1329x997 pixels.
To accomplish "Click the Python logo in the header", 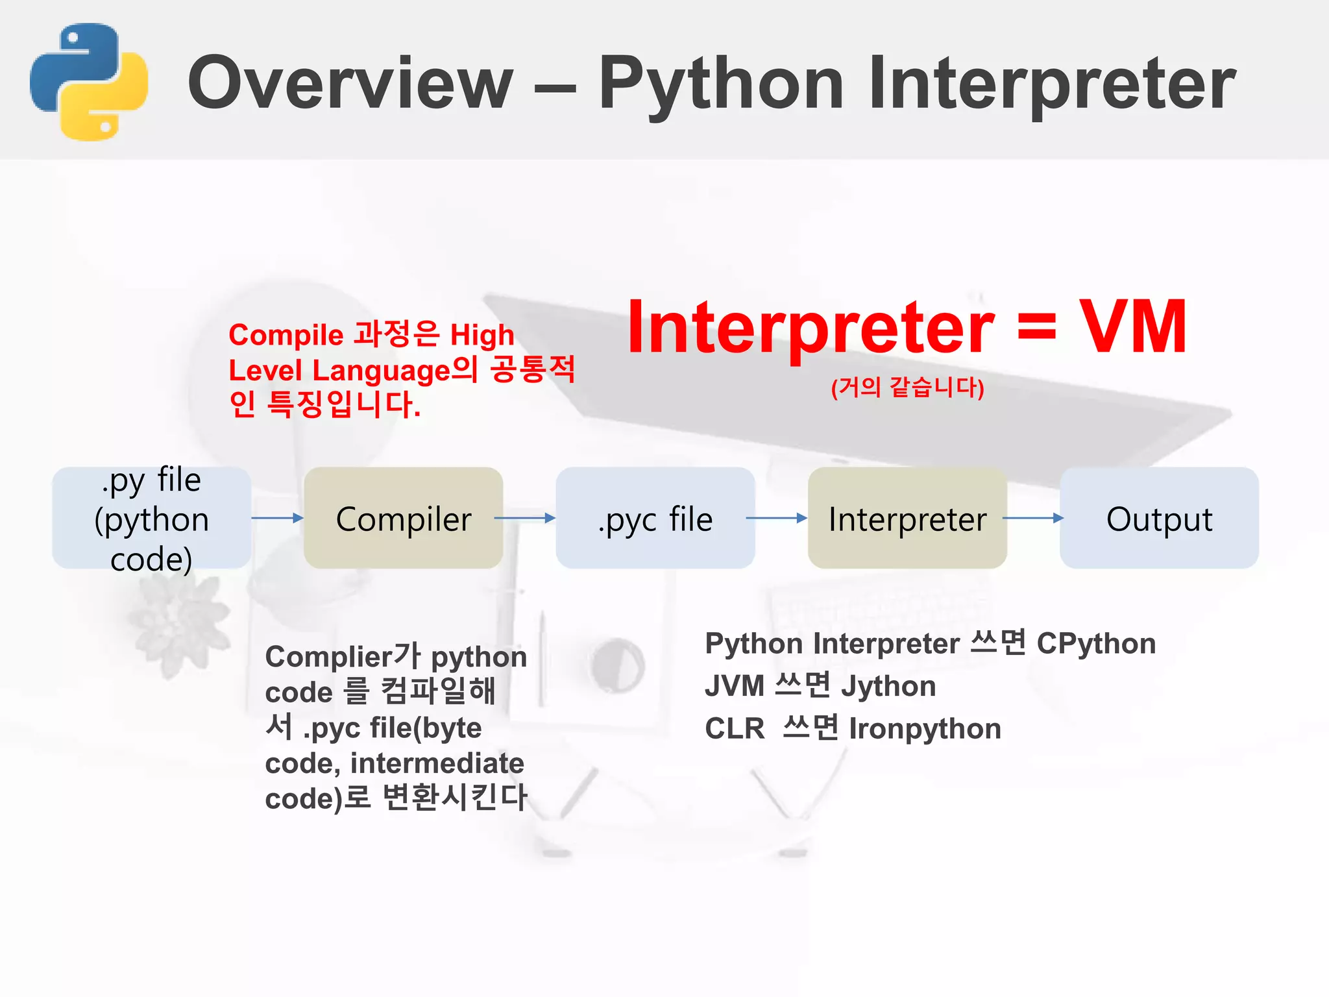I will pos(89,82).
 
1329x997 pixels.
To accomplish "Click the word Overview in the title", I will pos(350,83).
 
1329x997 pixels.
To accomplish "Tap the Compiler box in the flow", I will pos(403,518).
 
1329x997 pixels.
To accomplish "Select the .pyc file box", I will pos(655,518).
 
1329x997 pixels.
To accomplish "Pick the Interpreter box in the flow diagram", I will pos(907,518).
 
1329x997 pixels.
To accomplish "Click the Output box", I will pos(1159,518).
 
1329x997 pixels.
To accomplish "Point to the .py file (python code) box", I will pos(151,518).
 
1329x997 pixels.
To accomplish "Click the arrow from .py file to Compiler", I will pos(277,518).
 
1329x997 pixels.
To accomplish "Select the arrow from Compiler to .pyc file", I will pos(524,518).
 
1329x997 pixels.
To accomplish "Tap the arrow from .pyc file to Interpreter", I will pos(776,518).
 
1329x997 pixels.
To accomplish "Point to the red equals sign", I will pos(1036,328).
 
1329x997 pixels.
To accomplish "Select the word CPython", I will pos(1096,644).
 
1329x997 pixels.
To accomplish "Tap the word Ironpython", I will pos(925,729).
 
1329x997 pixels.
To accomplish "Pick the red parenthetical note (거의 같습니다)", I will pos(907,388).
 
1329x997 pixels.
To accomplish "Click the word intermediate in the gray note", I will pos(437,763).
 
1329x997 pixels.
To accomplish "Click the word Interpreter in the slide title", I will pos(1052,83).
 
